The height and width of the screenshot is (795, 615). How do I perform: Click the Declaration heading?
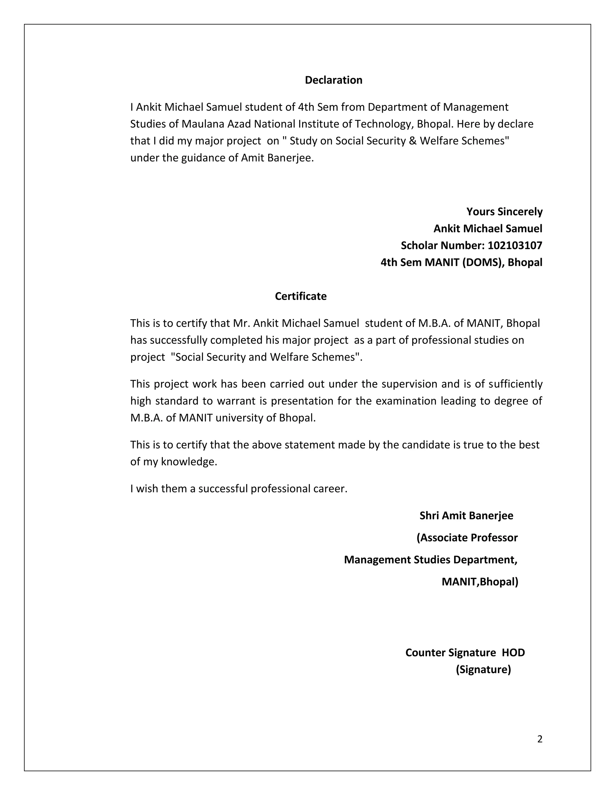pos(333,80)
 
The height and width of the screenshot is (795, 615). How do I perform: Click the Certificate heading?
pos(301,296)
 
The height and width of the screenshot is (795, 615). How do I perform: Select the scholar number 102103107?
pos(515,246)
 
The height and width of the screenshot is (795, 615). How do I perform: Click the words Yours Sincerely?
pos(504,211)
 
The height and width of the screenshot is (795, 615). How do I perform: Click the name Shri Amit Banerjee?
pos(466,515)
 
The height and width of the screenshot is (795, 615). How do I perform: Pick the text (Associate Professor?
pos(467,538)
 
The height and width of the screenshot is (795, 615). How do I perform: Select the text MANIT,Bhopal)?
pos(480,582)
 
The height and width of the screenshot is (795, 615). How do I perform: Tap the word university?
pos(239,418)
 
